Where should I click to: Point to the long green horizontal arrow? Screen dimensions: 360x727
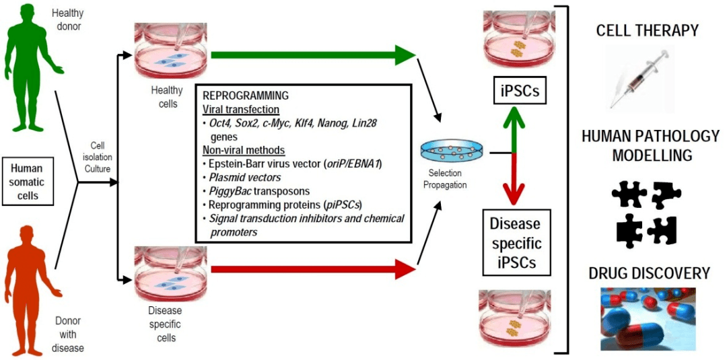pos(313,55)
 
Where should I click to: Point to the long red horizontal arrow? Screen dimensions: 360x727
pos(313,271)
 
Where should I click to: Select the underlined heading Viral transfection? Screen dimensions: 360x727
pos(241,110)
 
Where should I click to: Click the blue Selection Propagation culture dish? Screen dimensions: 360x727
pos(444,151)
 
